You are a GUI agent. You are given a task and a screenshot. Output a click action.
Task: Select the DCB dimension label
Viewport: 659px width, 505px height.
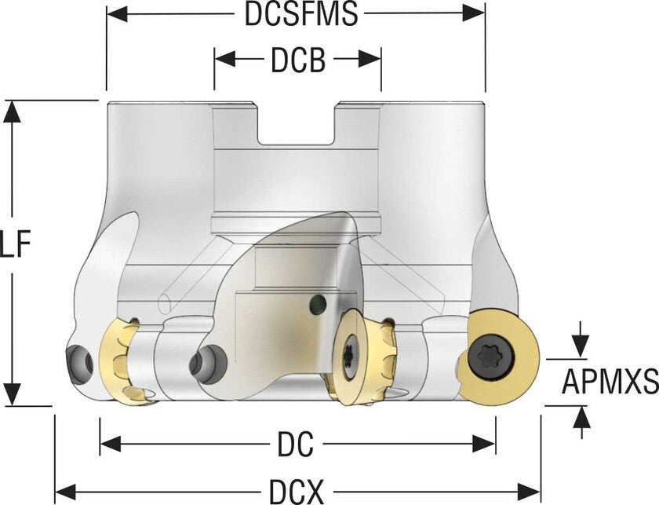(x=298, y=60)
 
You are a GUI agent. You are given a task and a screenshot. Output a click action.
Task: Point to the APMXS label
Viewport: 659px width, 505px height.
(x=610, y=382)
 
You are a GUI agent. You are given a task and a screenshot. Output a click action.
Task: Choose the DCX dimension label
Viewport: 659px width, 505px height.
(x=297, y=493)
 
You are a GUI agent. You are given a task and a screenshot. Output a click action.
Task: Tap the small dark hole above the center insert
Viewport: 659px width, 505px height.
(x=318, y=303)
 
